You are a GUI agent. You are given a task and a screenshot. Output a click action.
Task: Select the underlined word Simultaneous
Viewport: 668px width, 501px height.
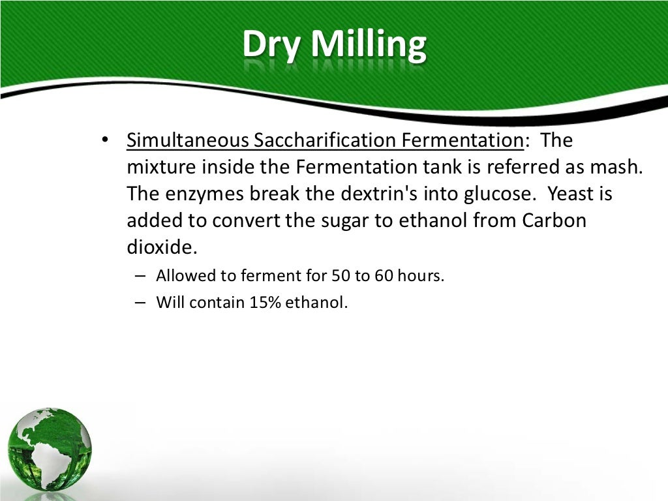(189, 140)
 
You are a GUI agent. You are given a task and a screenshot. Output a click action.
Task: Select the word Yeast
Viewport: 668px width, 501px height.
(572, 194)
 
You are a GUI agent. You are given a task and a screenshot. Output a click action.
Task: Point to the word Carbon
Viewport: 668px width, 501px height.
(554, 220)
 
